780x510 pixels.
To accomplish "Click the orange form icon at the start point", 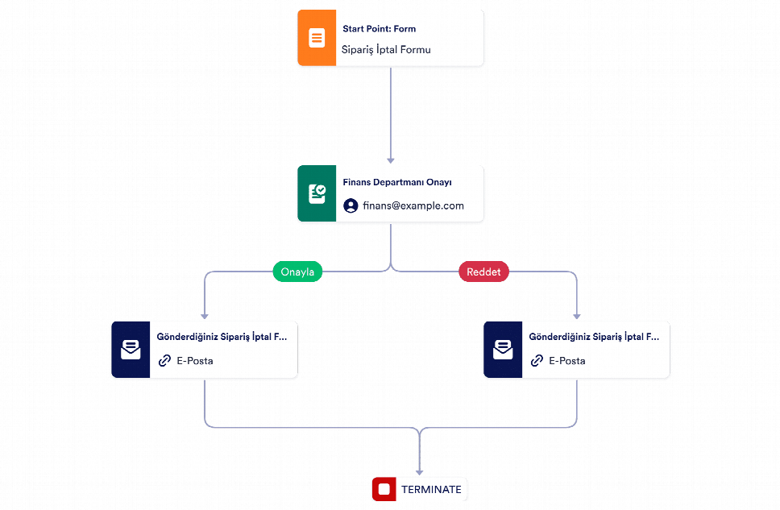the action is coord(317,38).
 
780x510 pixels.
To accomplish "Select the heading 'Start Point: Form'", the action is coord(379,29).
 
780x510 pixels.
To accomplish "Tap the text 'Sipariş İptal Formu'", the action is coord(386,50).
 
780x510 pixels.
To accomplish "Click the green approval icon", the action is coord(317,193).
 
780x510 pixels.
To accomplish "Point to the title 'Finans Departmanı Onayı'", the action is coord(397,182).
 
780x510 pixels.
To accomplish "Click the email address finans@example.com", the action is coord(413,205).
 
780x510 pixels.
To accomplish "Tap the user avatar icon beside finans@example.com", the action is coord(351,205).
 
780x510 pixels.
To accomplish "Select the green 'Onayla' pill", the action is coord(297,272).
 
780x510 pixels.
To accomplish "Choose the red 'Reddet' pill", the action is coord(483,272).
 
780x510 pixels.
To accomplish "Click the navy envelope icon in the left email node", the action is coord(131,350).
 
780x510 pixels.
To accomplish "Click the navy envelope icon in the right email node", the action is coord(503,350).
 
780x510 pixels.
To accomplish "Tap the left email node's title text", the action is coord(222,337).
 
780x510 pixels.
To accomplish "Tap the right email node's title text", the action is coord(594,337).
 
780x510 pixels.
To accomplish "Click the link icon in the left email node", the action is coord(164,361).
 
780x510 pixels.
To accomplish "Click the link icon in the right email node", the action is coord(537,361).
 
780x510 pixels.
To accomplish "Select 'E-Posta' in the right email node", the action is coord(567,361).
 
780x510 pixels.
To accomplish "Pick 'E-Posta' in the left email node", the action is coord(195,361).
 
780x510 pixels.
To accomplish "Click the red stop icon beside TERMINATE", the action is coord(384,489).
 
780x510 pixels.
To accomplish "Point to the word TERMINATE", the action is coord(431,490).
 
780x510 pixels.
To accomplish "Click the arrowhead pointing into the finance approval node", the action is coord(391,160).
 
